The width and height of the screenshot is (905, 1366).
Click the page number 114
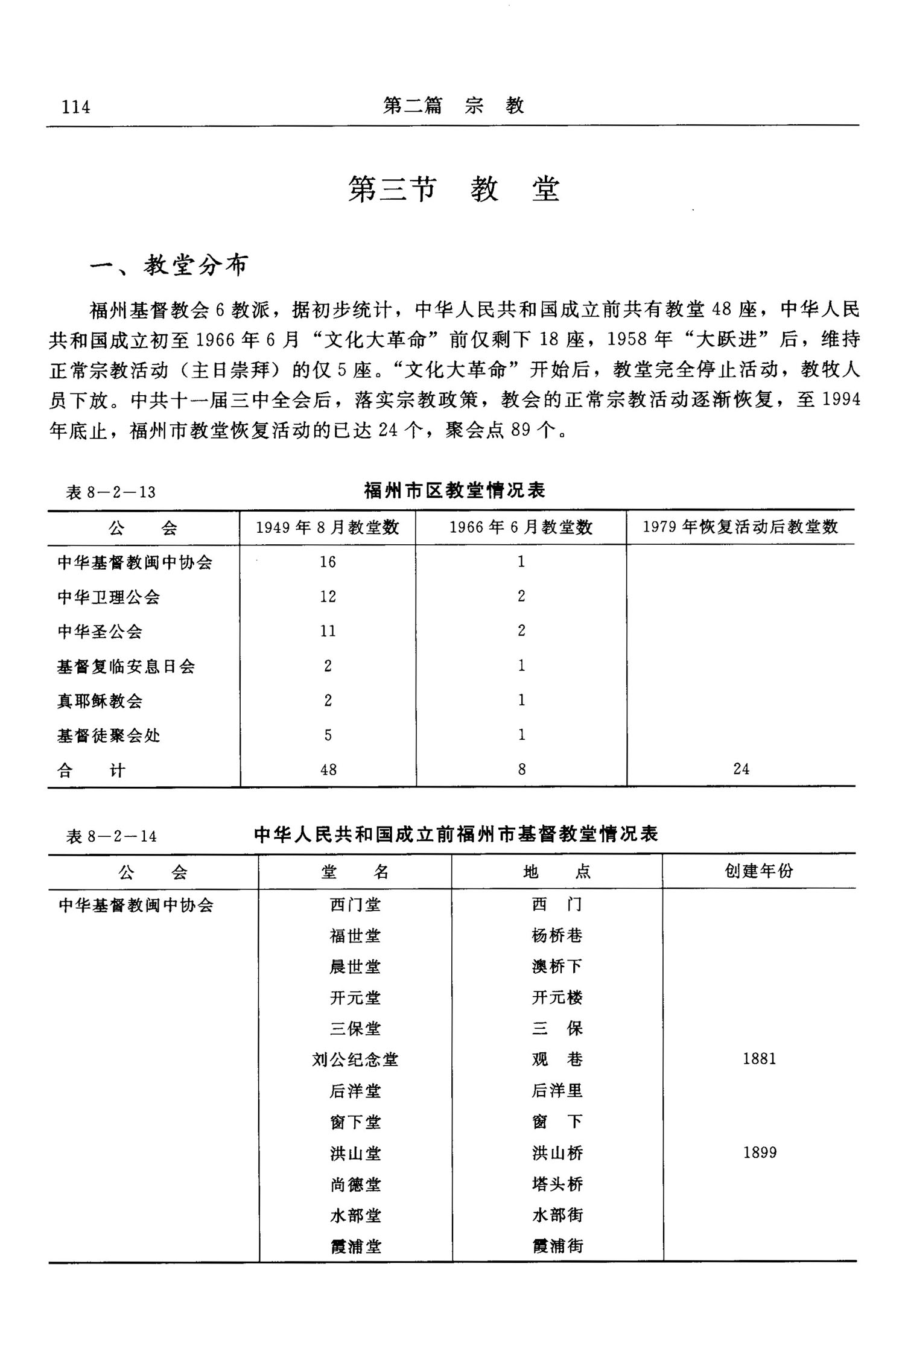(76, 107)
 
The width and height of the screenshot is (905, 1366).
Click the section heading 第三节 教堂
(454, 189)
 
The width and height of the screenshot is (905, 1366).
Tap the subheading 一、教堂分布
(170, 265)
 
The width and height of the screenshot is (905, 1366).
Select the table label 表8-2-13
(111, 492)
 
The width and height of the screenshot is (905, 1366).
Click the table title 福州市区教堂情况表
(455, 490)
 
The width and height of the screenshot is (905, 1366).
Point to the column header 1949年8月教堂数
(328, 527)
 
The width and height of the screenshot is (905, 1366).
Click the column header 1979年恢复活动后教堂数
(740, 527)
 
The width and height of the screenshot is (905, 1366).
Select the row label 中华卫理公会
(109, 597)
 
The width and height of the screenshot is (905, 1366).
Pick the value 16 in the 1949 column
(328, 562)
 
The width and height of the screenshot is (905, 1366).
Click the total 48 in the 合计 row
(328, 769)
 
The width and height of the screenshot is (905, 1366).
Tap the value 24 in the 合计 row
(741, 769)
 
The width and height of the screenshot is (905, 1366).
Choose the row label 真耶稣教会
(100, 700)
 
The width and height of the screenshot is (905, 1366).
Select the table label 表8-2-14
(112, 836)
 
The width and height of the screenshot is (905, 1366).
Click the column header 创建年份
(759, 871)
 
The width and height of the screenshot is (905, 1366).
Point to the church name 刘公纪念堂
(355, 1059)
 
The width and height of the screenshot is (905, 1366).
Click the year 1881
(759, 1058)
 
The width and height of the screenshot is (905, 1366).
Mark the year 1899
(760, 1152)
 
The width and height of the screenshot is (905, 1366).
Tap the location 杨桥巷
(557, 935)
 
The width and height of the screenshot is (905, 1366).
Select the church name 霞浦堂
(356, 1246)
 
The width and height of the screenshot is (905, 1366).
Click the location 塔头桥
(557, 1184)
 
